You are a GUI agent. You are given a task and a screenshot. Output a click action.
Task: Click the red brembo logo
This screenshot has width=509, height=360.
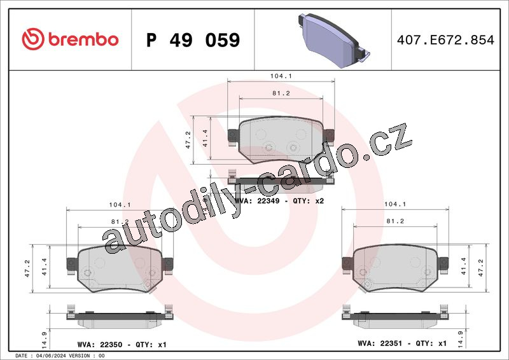tap(70, 39)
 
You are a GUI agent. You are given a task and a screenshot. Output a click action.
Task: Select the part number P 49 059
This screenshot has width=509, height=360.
tap(193, 40)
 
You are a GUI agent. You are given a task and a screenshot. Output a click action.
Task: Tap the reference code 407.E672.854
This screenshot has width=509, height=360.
tap(445, 40)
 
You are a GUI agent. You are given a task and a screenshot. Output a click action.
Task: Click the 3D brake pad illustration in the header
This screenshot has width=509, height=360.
tap(333, 40)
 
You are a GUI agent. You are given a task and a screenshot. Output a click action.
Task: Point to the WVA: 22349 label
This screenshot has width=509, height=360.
tap(257, 201)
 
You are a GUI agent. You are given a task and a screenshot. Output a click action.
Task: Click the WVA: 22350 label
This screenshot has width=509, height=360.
tap(100, 345)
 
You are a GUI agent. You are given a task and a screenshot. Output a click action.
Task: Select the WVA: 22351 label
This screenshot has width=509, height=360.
tap(380, 343)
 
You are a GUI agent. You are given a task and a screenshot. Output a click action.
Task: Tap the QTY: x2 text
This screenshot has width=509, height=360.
tap(309, 201)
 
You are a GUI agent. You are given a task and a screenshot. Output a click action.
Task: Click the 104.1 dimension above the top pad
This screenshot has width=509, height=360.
tap(281, 76)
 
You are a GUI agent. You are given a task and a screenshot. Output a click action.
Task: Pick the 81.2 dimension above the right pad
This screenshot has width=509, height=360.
tap(395, 221)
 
